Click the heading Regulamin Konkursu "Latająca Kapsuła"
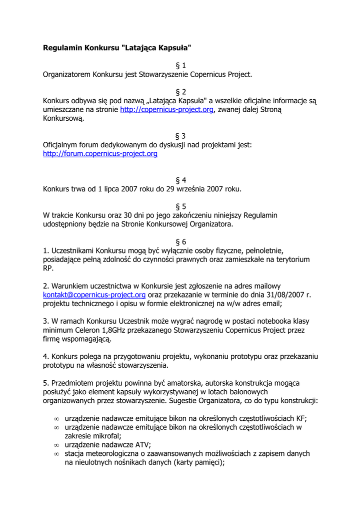pos(117,48)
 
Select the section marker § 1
pos(181,66)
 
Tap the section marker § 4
pos(181,180)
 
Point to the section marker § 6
pos(181,241)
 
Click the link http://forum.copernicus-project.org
pos(100,154)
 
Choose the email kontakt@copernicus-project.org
pos(94,295)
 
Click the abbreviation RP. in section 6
pos(48,269)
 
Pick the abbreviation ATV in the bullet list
pos(141,445)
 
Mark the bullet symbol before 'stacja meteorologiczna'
pos(56,454)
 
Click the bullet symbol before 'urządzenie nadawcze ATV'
pos(56,445)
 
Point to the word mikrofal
pos(105,436)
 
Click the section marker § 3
pos(181,136)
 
